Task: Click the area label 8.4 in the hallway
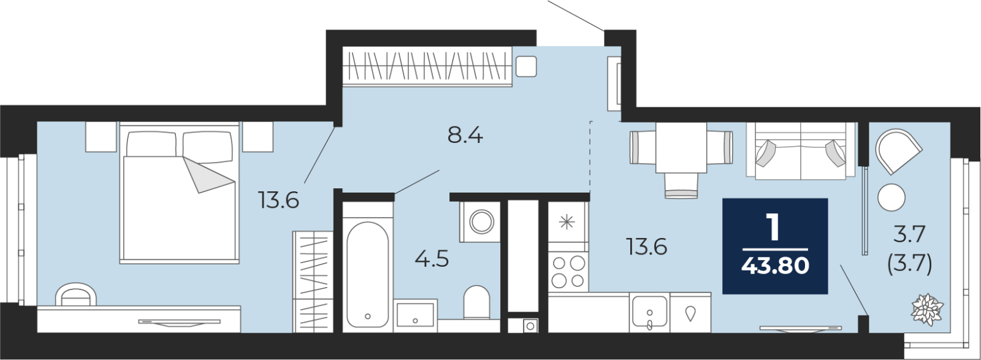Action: coord(465,136)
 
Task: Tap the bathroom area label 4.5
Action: coord(432,259)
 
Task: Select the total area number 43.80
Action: coord(775,265)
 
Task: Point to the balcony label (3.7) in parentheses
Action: coord(909,264)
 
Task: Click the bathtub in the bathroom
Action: coord(367,275)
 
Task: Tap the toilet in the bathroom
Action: coord(476,302)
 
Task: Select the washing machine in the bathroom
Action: coord(480,221)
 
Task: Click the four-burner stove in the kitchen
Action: coord(568,272)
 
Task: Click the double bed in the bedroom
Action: coord(180,193)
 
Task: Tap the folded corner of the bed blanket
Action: coord(208,175)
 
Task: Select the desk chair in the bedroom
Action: coord(76,295)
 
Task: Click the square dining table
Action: coord(681,148)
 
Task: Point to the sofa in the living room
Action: coord(801,151)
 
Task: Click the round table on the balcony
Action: coord(891,197)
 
